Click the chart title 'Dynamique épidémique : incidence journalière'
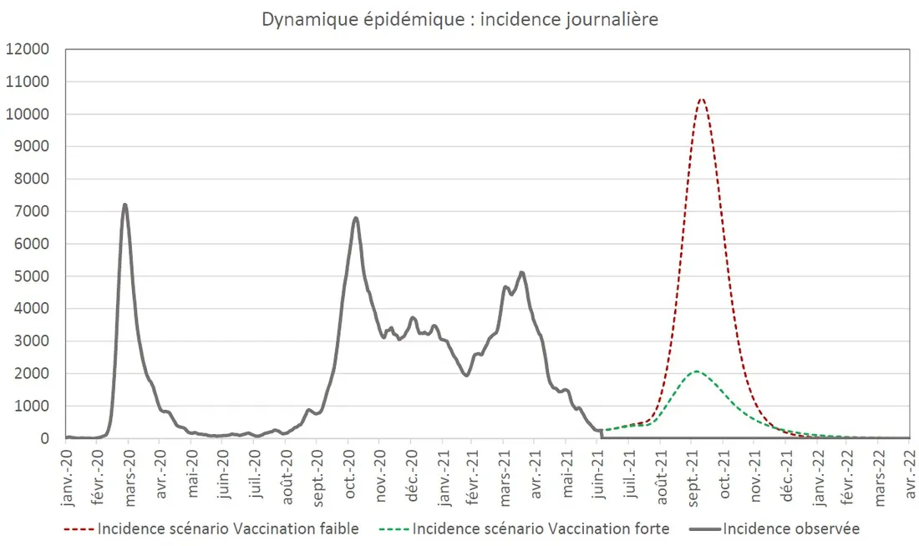tap(459, 19)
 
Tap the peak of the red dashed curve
tap(701, 99)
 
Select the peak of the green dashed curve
tap(695, 372)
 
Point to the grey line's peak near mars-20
tap(125, 205)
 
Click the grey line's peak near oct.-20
tap(356, 218)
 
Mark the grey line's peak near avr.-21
tap(521, 272)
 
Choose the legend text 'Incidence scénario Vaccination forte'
tap(541, 528)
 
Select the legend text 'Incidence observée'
tap(790, 528)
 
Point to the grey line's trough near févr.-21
tap(466, 375)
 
